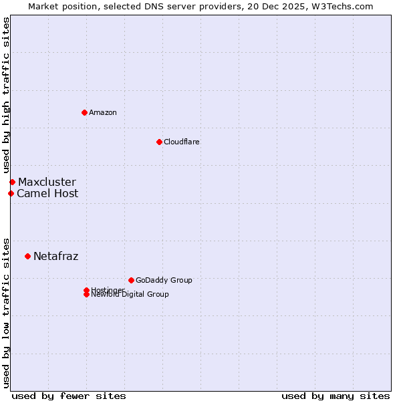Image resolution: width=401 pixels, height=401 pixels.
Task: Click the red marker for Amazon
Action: tap(84, 112)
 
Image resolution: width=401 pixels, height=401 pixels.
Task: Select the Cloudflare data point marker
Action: tap(159, 142)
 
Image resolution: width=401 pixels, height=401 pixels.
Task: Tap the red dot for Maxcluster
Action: tap(12, 182)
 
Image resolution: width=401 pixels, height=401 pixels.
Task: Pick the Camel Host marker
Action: tap(11, 193)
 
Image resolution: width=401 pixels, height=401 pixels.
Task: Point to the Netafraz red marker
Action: tap(27, 256)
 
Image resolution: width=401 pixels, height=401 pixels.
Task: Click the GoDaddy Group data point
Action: tap(131, 280)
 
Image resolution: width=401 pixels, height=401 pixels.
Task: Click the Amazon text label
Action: tap(103, 113)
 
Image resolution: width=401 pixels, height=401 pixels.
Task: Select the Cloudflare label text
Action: tap(182, 142)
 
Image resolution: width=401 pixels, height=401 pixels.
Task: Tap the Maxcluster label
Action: tap(47, 182)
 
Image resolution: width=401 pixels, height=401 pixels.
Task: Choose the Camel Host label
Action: tap(47, 194)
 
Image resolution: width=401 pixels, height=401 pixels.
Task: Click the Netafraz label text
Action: tap(55, 257)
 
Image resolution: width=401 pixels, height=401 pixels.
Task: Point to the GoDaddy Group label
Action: tap(164, 281)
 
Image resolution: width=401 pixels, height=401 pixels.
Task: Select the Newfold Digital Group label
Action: tap(130, 295)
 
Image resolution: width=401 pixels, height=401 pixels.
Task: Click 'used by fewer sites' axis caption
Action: tap(69, 396)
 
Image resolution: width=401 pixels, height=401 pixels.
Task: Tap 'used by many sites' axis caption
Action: tap(336, 396)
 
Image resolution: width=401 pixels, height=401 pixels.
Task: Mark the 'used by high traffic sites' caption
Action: tap(7, 95)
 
